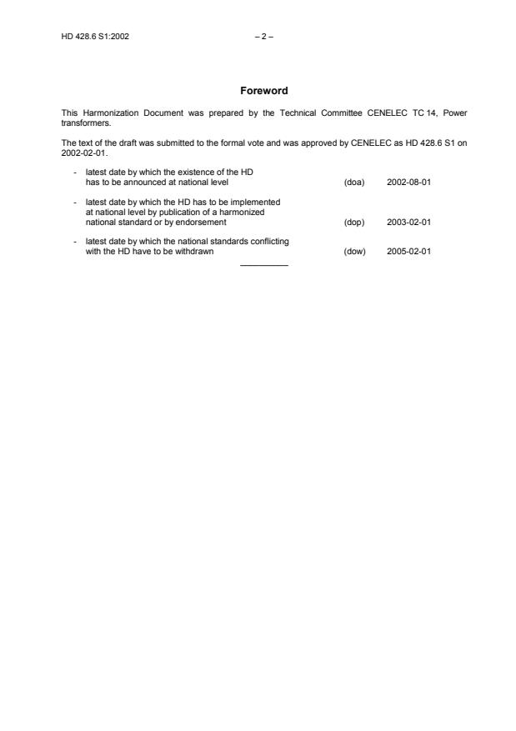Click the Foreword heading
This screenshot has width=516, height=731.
263,91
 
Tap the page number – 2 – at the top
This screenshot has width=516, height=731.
263,37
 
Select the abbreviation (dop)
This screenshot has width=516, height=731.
354,223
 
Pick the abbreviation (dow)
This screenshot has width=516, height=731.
354,251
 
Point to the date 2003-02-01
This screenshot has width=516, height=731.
408,223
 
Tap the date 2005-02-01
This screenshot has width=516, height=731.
408,251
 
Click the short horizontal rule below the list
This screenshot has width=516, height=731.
263,265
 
